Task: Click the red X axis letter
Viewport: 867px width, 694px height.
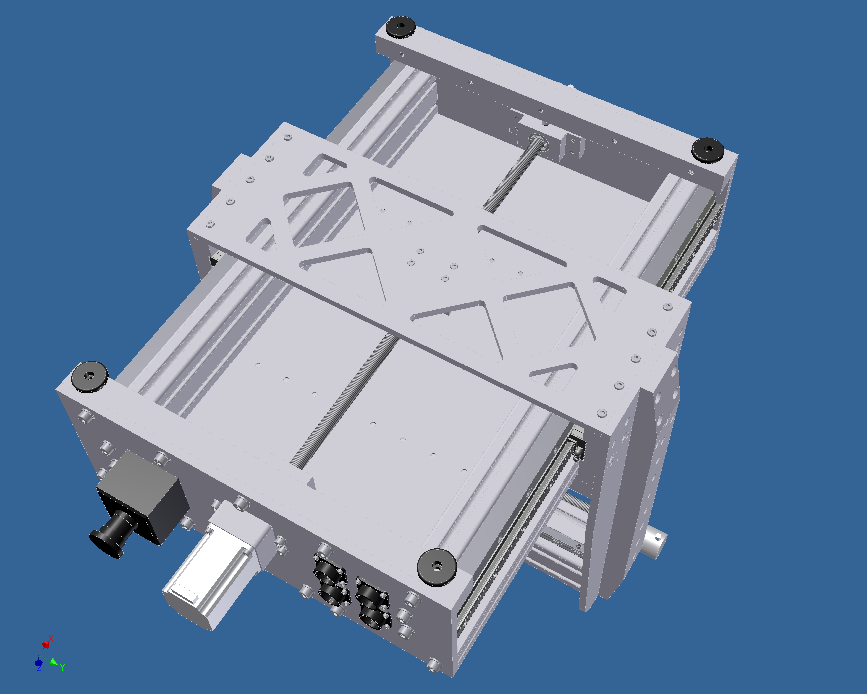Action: (51, 638)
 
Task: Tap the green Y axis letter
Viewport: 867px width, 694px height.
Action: (62, 667)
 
